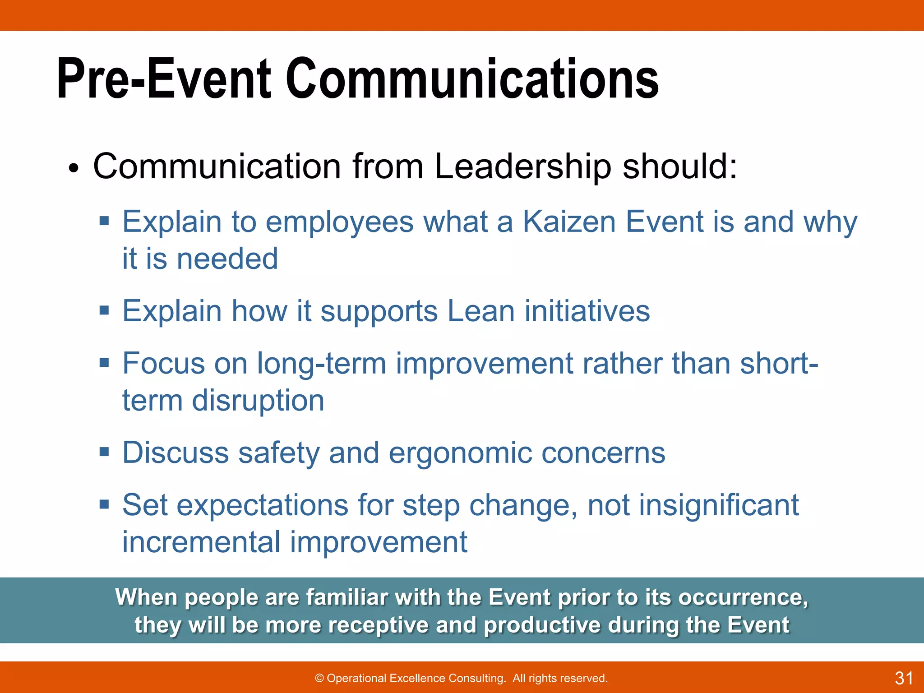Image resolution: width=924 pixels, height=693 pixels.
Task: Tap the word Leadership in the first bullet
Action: click(522, 166)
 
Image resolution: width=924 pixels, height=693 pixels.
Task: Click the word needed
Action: click(227, 259)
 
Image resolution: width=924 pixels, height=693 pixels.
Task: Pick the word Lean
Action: click(481, 311)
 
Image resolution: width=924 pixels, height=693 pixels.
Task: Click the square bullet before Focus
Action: click(105, 362)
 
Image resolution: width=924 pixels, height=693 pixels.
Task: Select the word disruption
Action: click(258, 401)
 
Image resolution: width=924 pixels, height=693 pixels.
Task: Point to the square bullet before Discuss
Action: click(105, 452)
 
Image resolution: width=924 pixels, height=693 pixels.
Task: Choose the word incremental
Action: click(202, 542)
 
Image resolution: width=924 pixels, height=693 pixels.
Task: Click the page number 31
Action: click(904, 678)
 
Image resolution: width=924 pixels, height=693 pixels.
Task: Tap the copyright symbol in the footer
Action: click(319, 679)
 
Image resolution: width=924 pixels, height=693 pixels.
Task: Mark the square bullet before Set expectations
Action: click(105, 504)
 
